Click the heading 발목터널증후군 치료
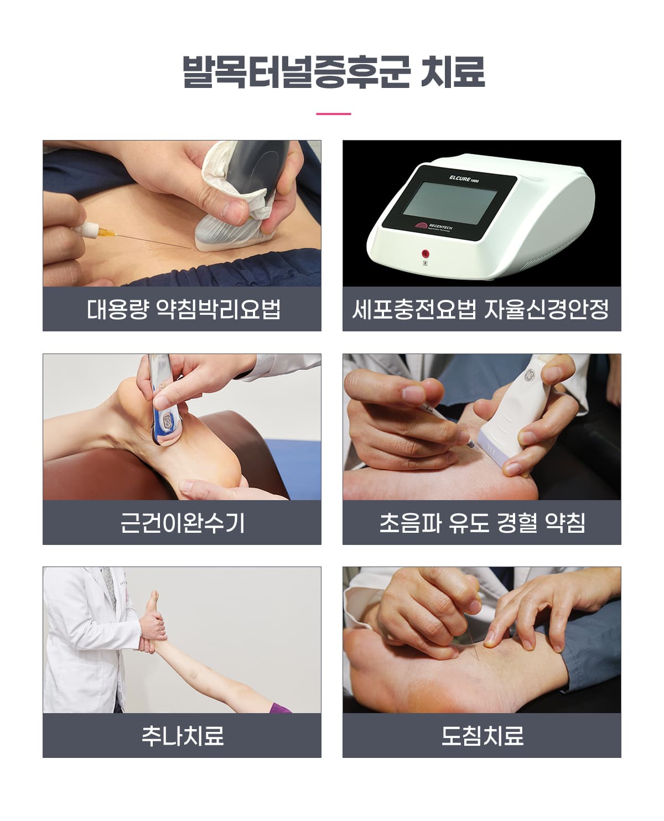(x=333, y=72)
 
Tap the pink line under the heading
(x=333, y=114)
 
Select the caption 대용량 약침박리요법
(x=184, y=309)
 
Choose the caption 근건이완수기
(x=182, y=523)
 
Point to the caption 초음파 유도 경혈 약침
(x=482, y=523)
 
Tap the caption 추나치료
(x=183, y=735)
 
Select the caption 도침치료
(x=482, y=735)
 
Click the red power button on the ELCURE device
(x=425, y=253)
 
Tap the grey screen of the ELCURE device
(x=450, y=202)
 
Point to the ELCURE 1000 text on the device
(x=464, y=179)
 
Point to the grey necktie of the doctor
(x=109, y=588)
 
